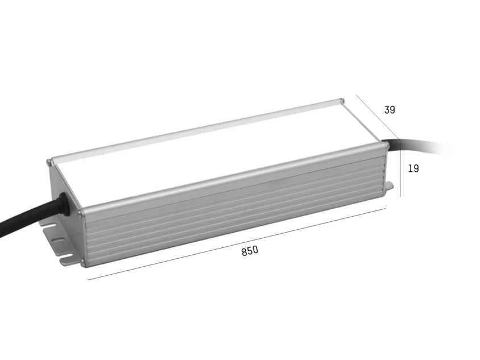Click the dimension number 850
250,251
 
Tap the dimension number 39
390,110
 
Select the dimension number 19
413,168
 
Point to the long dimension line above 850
237,245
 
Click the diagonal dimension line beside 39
378,117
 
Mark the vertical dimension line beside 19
400,168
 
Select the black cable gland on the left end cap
64,202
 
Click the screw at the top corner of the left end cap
48,162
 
